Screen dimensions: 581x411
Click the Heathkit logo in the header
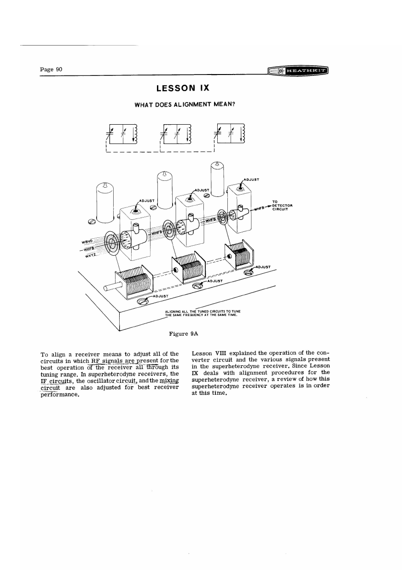(300, 71)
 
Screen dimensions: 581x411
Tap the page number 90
(51, 69)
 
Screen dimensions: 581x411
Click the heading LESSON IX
(184, 88)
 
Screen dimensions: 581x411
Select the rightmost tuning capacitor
(239, 256)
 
